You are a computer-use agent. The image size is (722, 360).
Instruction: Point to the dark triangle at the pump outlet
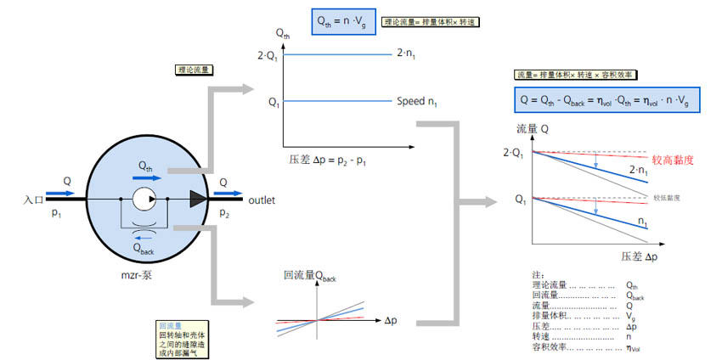tap(198, 200)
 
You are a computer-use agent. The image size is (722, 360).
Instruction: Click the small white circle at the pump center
tap(143, 200)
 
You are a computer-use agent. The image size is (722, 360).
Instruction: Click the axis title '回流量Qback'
tap(310, 275)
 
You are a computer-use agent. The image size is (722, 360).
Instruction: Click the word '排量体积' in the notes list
tap(548, 316)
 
